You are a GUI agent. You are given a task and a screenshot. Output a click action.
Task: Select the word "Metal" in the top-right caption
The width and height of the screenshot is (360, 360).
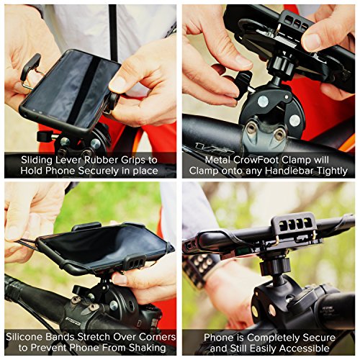tap(208, 158)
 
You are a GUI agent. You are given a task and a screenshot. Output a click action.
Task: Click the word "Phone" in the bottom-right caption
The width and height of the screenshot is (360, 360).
tap(220, 337)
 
